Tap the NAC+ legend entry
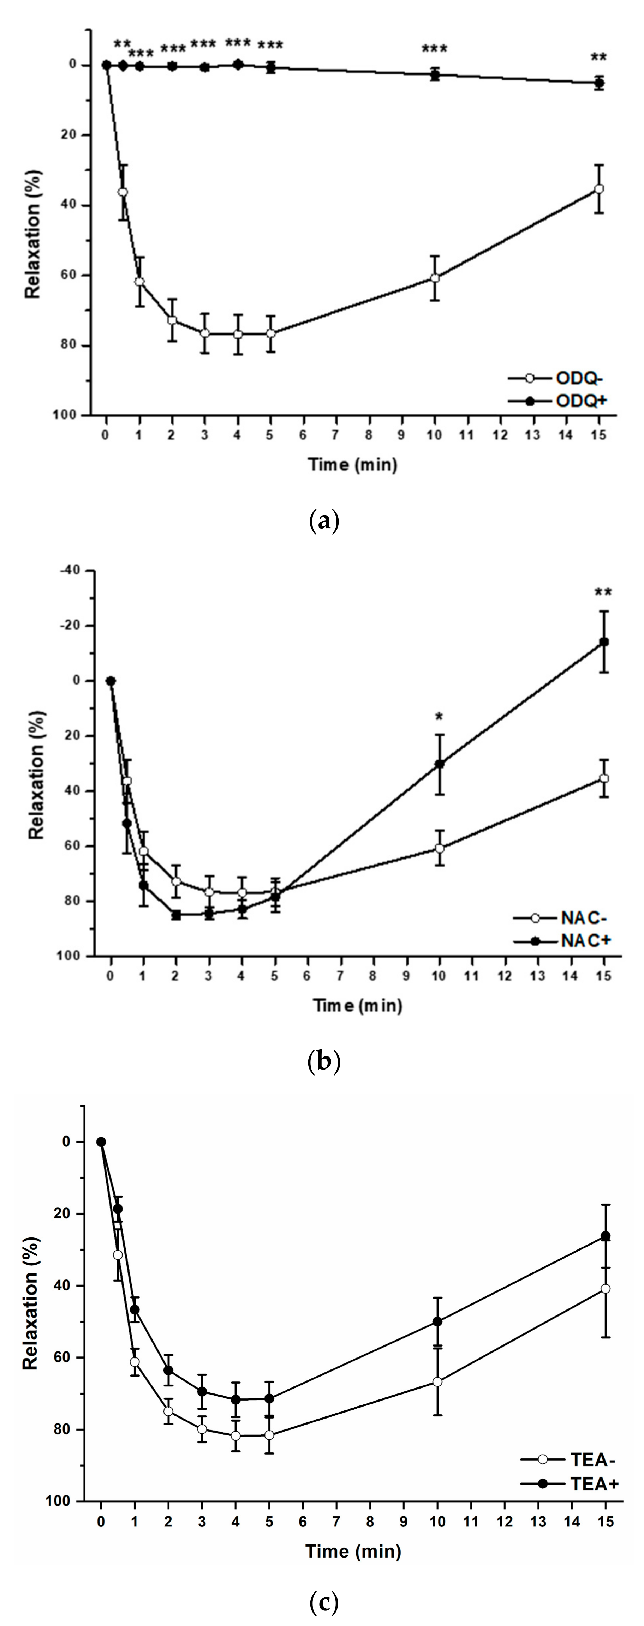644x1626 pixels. [x=562, y=941]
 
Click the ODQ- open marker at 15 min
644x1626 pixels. [x=599, y=189]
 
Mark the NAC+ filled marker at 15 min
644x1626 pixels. [x=604, y=642]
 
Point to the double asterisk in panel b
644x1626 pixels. [x=604, y=592]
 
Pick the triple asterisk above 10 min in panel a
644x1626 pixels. [x=434, y=49]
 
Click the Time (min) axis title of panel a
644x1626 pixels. [x=352, y=465]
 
